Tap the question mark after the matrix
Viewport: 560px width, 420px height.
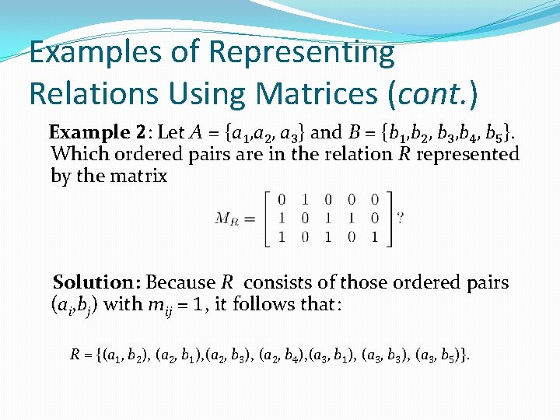tap(400, 218)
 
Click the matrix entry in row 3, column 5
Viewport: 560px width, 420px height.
tap(375, 236)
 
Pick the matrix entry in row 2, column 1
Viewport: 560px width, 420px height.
tap(281, 219)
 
